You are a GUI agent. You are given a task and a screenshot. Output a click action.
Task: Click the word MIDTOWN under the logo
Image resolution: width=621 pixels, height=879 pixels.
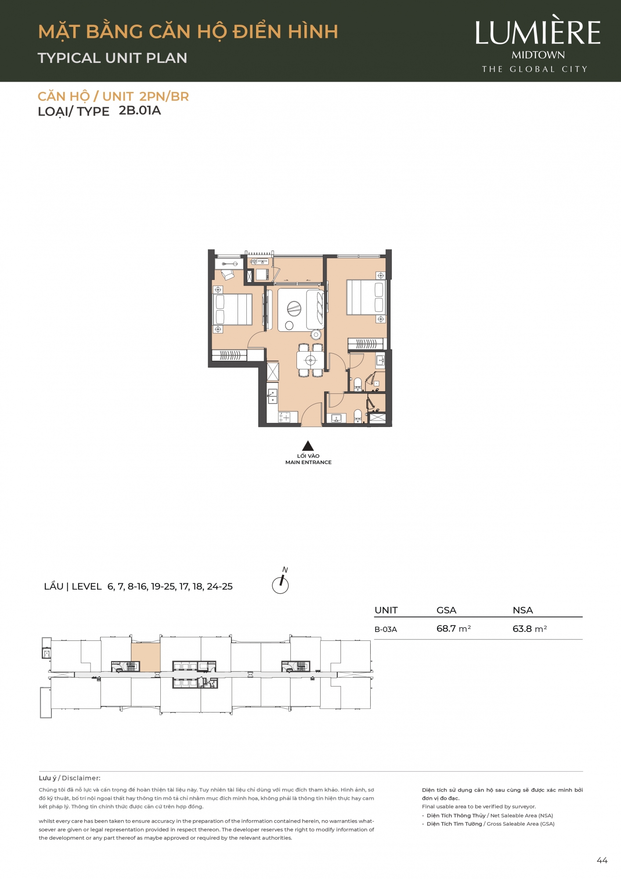(538, 55)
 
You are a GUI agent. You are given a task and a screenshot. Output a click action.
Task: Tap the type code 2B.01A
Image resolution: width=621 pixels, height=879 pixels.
(140, 110)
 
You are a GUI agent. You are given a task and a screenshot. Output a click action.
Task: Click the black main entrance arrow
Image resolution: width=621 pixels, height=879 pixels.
(308, 446)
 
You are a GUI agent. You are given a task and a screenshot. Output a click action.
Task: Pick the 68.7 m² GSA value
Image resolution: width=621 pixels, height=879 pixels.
(454, 628)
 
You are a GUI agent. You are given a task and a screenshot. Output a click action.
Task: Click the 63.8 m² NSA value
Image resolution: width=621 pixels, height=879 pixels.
(530, 628)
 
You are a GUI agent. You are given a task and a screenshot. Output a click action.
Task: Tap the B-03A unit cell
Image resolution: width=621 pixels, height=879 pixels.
(386, 629)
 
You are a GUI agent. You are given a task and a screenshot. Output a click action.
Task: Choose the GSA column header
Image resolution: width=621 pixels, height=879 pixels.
(446, 610)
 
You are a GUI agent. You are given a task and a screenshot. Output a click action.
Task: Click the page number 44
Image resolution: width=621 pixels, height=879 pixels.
(602, 861)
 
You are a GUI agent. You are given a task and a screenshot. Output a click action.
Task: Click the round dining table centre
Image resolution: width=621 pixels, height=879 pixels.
(310, 361)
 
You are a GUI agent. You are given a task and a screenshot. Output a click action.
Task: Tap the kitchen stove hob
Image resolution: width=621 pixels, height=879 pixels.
(285, 417)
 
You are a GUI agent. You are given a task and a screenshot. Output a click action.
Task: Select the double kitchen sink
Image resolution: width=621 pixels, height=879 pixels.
(272, 396)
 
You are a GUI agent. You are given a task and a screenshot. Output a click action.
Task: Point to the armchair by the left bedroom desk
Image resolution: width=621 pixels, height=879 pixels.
(228, 275)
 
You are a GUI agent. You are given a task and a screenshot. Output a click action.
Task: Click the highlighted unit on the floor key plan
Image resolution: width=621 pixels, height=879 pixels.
(145, 657)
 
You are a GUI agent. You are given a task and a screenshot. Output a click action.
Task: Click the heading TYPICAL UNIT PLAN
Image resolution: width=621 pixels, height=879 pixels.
(112, 58)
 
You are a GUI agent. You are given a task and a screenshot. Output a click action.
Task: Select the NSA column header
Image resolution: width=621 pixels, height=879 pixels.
(523, 610)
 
